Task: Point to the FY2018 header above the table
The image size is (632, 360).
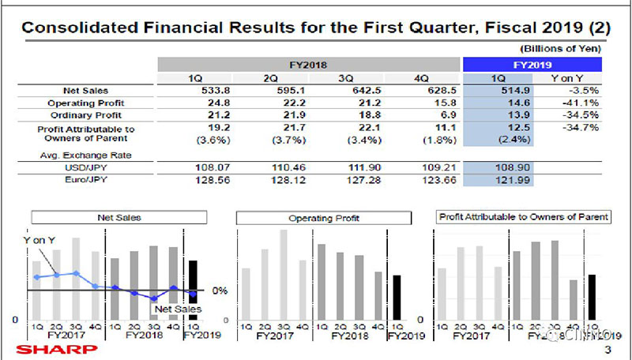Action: pyautogui.click(x=309, y=65)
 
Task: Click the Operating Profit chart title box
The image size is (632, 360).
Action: pyautogui.click(x=316, y=216)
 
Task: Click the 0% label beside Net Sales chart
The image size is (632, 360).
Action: pyautogui.click(x=220, y=291)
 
